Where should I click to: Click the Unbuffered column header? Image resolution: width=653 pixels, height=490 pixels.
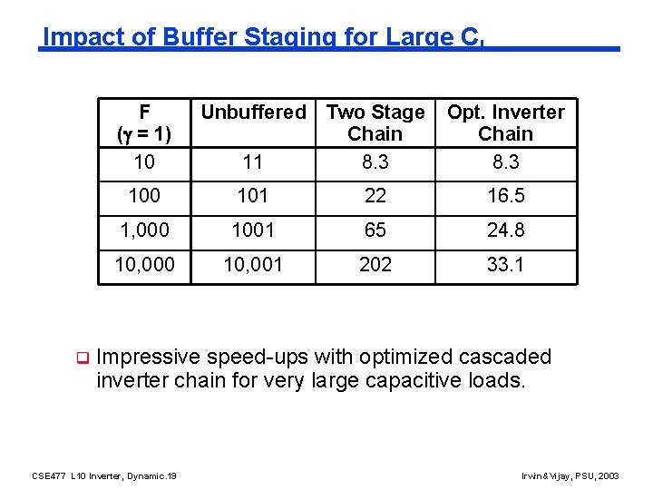click(x=253, y=113)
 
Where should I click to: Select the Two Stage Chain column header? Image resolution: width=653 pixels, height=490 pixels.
click(x=375, y=122)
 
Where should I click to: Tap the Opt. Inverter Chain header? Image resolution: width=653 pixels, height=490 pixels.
click(x=505, y=122)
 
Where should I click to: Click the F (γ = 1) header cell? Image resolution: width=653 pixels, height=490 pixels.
click(x=144, y=122)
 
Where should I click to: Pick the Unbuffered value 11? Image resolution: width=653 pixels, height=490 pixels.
click(x=253, y=162)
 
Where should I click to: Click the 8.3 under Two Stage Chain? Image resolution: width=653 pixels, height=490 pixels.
click(x=375, y=162)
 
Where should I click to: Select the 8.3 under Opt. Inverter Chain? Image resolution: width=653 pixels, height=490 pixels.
click(x=505, y=162)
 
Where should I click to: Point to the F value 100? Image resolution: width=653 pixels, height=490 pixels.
click(x=144, y=196)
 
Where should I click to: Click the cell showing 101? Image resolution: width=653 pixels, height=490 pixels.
click(x=253, y=196)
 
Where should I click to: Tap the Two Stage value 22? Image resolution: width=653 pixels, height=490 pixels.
click(x=375, y=196)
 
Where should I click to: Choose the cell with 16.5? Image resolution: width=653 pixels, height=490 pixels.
click(x=505, y=196)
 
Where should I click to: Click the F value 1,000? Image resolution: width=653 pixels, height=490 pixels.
click(x=144, y=230)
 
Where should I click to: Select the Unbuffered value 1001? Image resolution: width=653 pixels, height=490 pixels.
click(x=253, y=230)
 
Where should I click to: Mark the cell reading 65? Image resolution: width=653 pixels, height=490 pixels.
click(x=375, y=230)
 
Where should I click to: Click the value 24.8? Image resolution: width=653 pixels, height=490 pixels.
click(x=505, y=230)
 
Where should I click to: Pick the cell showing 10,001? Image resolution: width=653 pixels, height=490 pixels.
click(x=253, y=265)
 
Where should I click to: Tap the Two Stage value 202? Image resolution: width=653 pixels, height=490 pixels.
click(x=375, y=265)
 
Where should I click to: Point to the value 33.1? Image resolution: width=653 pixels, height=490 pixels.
click(x=505, y=265)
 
